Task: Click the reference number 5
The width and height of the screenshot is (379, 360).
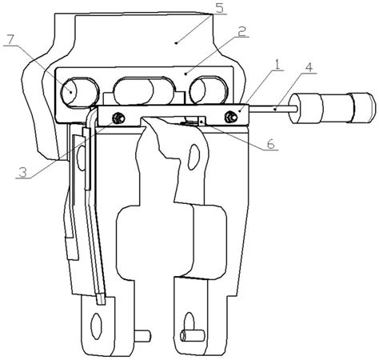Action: [x=219, y=8]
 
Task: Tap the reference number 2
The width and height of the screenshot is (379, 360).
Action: [x=241, y=31]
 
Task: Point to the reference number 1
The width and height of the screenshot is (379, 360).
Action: [x=277, y=64]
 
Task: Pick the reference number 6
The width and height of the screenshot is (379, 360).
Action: [x=269, y=144]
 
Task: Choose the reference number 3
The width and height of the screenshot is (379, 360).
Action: [x=22, y=173]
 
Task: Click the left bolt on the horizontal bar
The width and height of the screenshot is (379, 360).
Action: [x=118, y=118]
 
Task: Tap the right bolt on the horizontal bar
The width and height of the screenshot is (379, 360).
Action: [x=230, y=117]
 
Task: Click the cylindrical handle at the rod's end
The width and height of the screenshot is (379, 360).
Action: [x=333, y=108]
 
